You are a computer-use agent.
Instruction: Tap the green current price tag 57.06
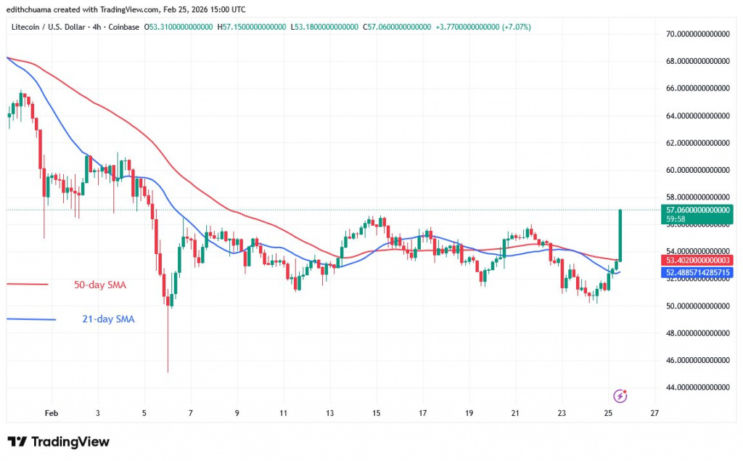[700, 210]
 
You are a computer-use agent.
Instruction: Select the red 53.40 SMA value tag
[700, 260]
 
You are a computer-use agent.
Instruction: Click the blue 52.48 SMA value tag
[700, 272]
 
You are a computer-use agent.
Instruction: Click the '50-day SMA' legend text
[99, 285]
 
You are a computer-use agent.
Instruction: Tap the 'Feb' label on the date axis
[51, 412]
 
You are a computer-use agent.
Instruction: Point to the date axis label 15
[376, 412]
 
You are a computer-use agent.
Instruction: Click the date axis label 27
[654, 412]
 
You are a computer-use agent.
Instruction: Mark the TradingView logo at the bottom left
[58, 441]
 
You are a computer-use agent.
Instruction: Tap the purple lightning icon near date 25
[620, 396]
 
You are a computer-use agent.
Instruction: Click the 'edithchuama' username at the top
[28, 9]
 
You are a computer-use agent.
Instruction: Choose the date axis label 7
[191, 412]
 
